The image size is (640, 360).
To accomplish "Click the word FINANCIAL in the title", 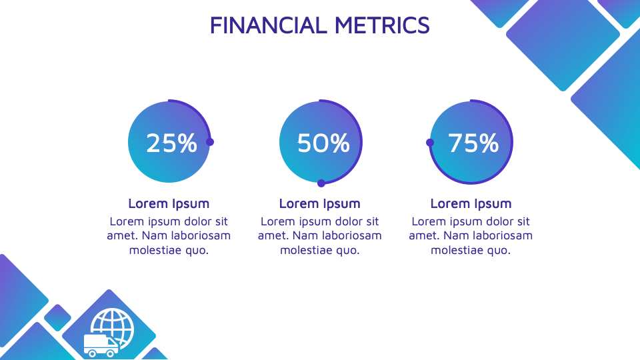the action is [268, 25].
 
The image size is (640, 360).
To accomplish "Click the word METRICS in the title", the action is [382, 25].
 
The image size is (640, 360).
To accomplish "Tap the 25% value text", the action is [171, 143].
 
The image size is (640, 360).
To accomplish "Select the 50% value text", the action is [323, 143].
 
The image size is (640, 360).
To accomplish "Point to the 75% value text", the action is [473, 143].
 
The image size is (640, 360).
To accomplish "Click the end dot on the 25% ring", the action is [210, 142].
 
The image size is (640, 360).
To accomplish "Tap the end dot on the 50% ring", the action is [321, 183].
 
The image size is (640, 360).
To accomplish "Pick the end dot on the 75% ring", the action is [430, 143].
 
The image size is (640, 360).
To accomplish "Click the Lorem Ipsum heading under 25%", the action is [169, 203].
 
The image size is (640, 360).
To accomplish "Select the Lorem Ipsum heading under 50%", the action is [319, 203].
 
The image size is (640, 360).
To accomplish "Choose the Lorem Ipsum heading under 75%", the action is [471, 203].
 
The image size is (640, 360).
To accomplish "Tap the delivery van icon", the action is [101, 346].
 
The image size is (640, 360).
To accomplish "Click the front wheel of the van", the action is [92, 353].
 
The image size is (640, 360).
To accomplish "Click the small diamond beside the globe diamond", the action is [57, 317].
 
